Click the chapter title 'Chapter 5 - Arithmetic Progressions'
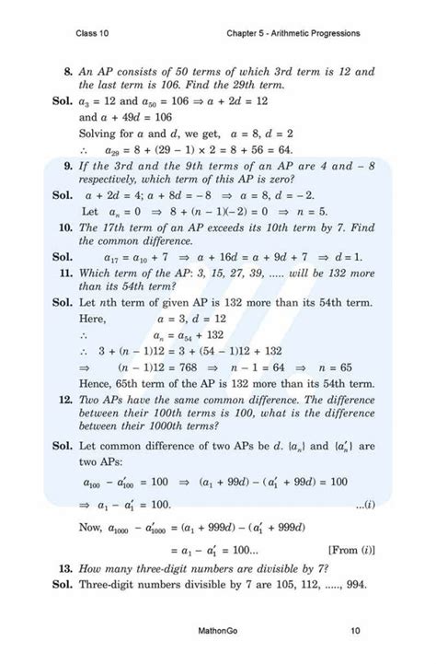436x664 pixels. (x=293, y=34)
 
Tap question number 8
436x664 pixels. (x=67, y=71)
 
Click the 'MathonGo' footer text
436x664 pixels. (x=220, y=631)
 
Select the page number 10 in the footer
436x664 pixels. (x=355, y=631)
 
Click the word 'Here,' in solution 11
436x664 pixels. (x=94, y=318)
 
